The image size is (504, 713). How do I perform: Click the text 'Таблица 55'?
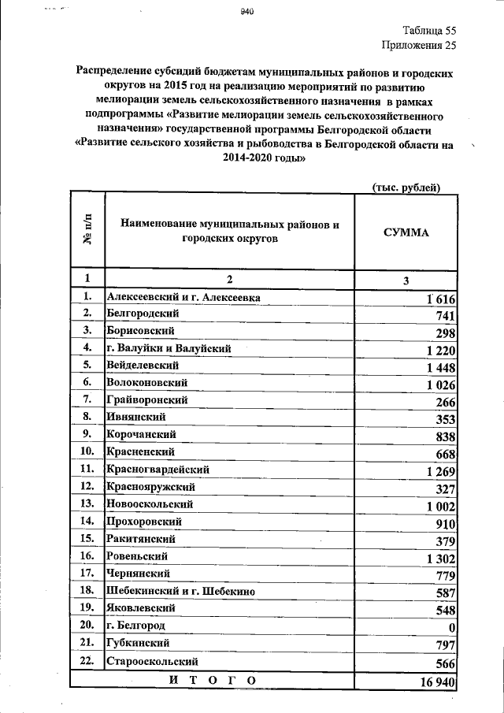point(429,31)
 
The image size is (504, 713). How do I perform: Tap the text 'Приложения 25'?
point(419,46)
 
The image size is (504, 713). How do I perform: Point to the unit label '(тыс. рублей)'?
point(405,187)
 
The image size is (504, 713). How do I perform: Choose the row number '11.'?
point(87,469)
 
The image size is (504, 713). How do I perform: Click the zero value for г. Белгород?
point(452,628)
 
